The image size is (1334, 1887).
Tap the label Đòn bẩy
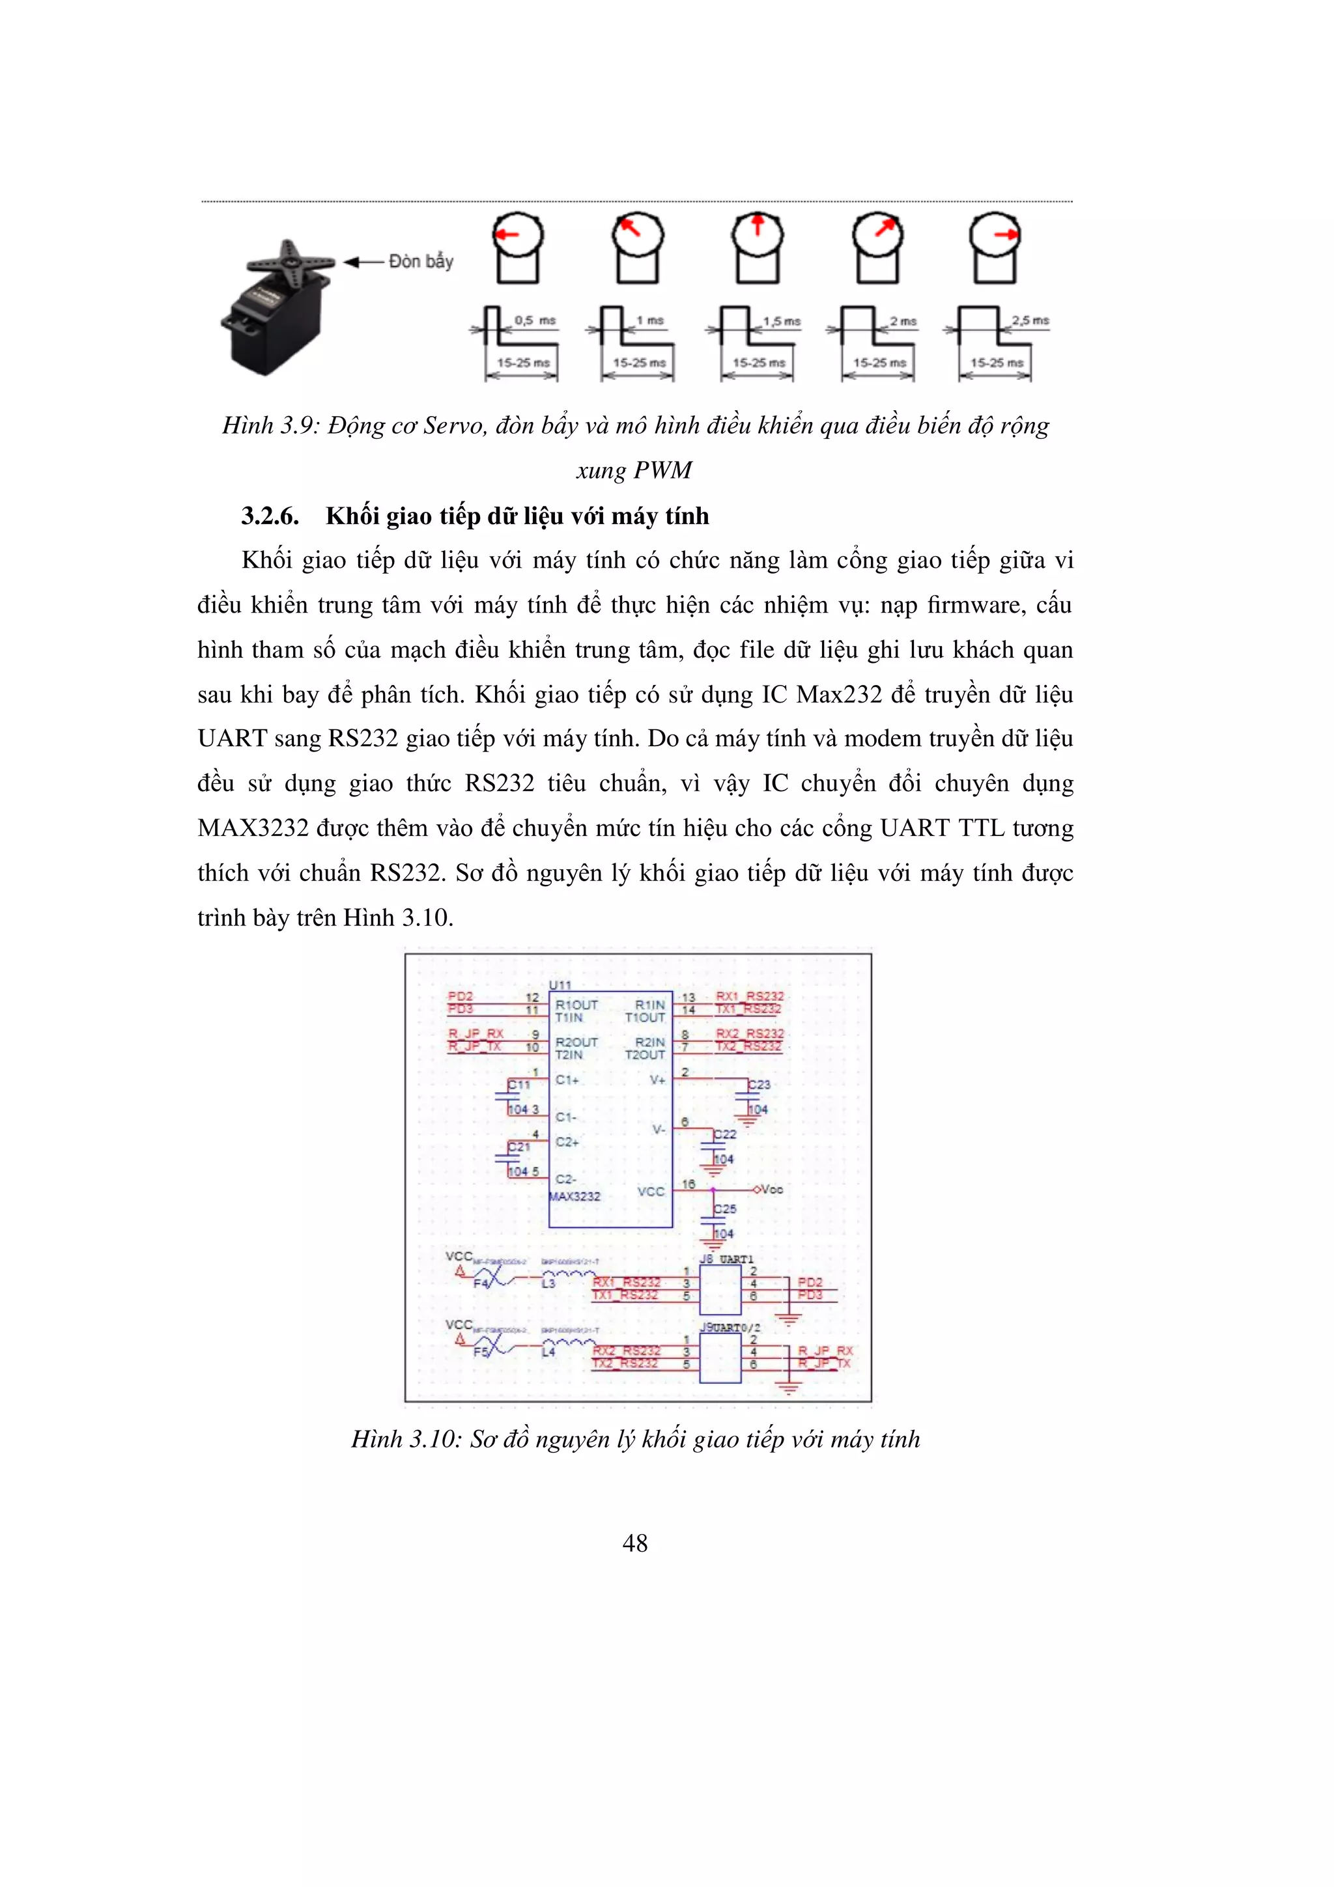tap(420, 261)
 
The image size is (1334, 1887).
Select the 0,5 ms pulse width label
tap(535, 320)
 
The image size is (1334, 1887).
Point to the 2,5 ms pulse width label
tap(1030, 320)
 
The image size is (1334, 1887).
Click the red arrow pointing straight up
tap(758, 225)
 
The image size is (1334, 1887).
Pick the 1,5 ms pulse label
tap(782, 322)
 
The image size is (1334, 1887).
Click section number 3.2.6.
tap(270, 516)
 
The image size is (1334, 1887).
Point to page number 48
tap(634, 1543)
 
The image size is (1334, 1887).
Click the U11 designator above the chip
tap(560, 985)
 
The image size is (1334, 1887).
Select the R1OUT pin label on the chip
tap(576, 1004)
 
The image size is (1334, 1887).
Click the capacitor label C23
tap(759, 1084)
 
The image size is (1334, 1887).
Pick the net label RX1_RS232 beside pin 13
tap(750, 996)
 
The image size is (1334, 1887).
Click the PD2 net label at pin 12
tap(461, 996)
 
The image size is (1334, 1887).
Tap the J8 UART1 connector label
tap(726, 1259)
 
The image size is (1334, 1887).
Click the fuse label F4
tap(481, 1284)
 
